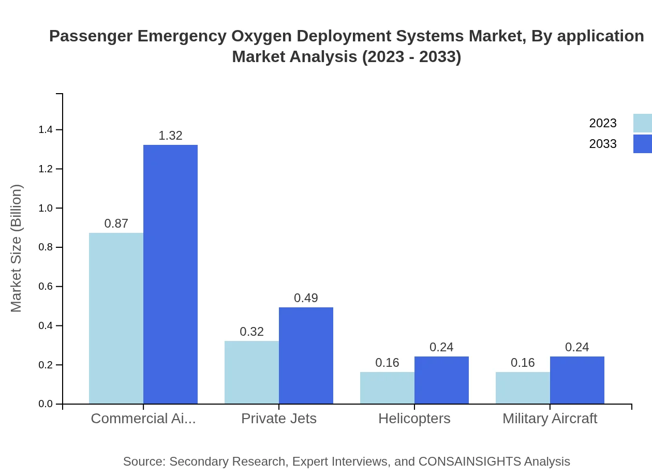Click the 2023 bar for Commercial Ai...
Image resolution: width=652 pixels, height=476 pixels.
click(116, 318)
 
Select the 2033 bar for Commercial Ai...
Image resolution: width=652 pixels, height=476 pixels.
click(170, 274)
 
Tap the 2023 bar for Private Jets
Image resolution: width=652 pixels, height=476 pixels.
click(251, 372)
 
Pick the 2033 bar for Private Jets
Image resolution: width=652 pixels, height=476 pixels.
click(306, 355)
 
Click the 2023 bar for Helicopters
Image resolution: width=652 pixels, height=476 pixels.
click(387, 388)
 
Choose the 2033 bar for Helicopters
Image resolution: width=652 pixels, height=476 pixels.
click(441, 380)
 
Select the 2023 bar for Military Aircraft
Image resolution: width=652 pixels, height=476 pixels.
click(523, 388)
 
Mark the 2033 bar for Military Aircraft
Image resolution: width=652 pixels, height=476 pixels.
click(577, 380)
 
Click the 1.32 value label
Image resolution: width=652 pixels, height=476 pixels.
click(170, 136)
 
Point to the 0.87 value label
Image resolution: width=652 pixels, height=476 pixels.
click(116, 224)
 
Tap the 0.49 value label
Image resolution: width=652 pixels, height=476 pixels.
click(306, 298)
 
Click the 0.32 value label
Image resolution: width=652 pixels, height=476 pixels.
click(251, 332)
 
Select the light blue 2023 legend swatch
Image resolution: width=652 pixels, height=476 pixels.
click(642, 123)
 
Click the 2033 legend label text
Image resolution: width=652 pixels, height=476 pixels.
click(603, 144)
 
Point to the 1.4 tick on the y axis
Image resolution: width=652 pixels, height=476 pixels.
click(46, 129)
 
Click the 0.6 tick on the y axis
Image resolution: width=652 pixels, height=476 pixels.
click(46, 287)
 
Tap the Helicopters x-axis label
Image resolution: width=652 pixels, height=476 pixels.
click(414, 418)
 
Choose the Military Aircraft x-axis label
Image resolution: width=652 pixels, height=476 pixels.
click(550, 418)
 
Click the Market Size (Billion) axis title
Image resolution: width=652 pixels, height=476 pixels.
click(17, 248)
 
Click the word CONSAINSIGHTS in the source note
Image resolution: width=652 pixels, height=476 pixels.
click(470, 462)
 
